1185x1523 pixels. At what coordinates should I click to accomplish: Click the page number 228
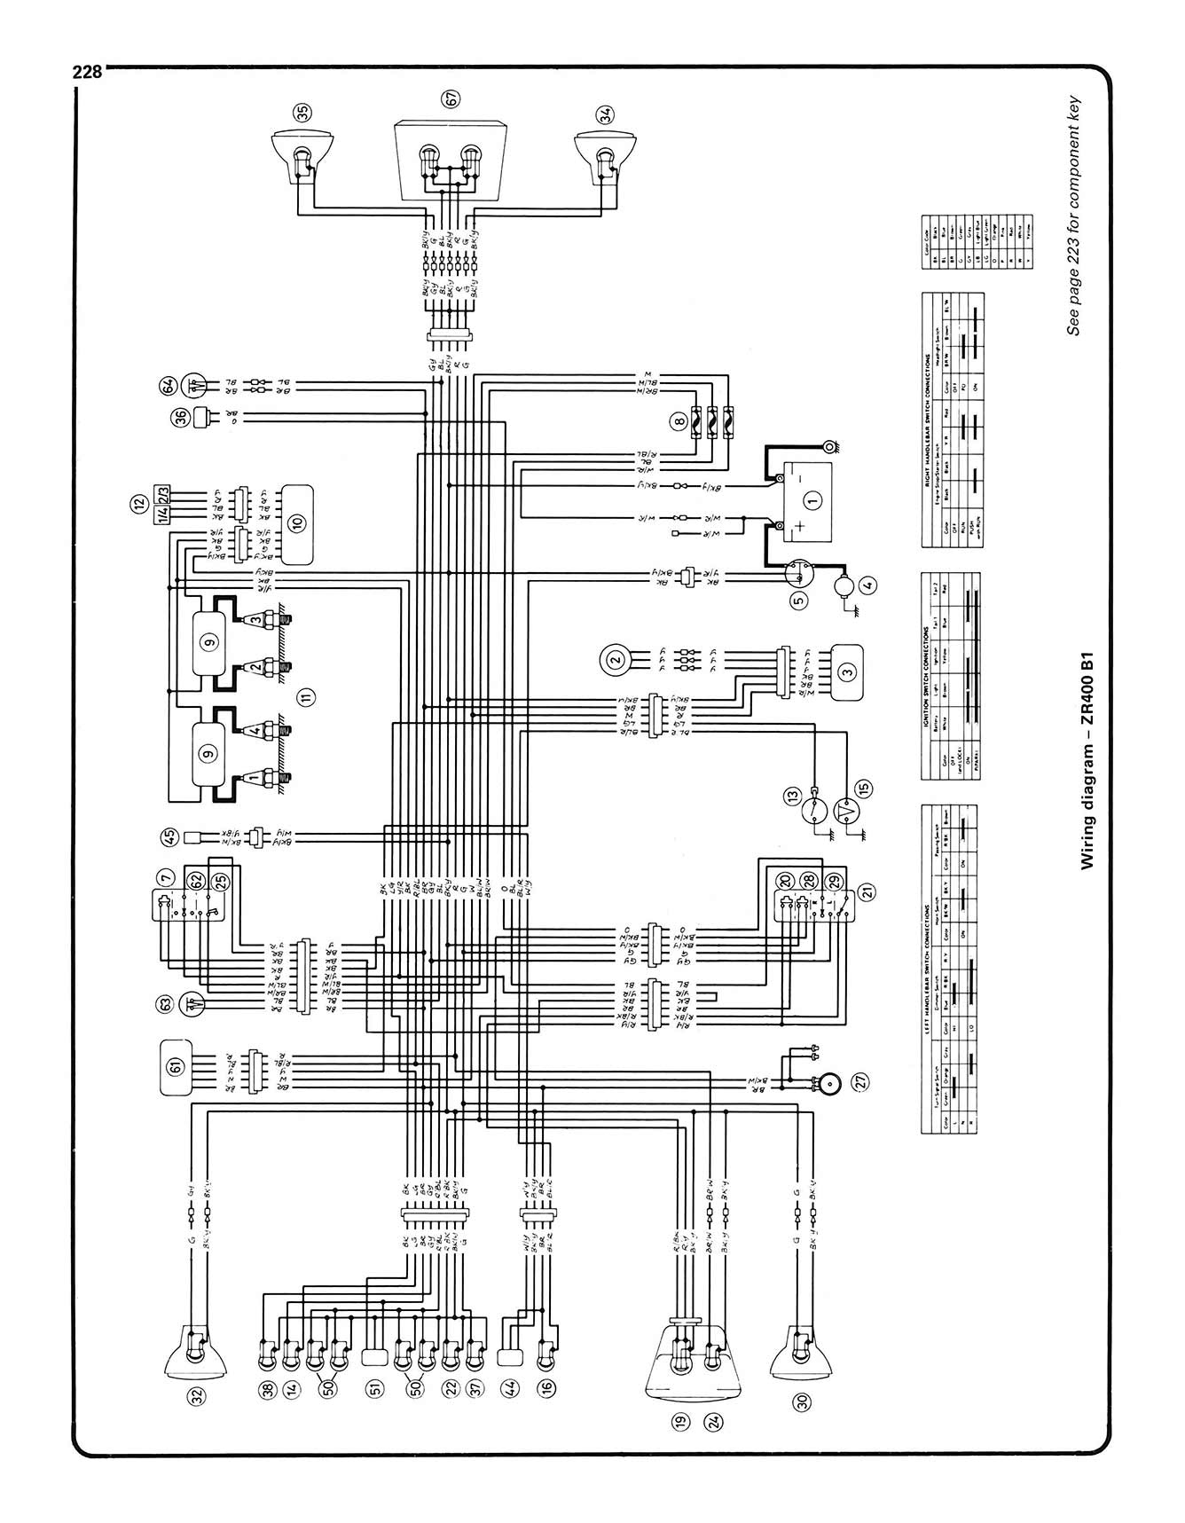tap(89, 71)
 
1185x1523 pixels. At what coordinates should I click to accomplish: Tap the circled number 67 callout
tap(452, 99)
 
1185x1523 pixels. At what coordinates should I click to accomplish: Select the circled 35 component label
tap(303, 113)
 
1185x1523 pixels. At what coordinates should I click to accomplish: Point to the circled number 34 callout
tap(605, 114)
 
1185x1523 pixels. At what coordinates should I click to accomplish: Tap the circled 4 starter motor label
tap(867, 585)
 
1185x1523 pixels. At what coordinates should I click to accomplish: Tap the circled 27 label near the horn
tap(860, 1081)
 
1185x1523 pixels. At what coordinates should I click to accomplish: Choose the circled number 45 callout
tap(169, 835)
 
